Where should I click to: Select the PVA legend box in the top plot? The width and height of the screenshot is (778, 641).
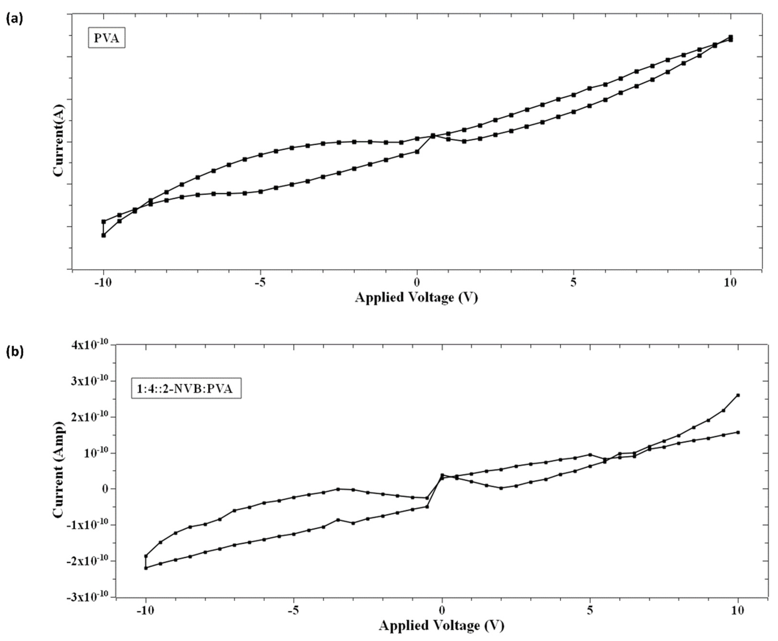pos(106,38)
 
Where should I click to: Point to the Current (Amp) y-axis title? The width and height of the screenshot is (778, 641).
pos(58,470)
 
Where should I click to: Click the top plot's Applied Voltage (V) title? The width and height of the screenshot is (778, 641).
pos(416,297)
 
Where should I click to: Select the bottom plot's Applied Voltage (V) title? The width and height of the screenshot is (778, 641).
pos(441,626)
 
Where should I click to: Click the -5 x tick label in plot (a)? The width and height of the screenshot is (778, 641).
pos(260,282)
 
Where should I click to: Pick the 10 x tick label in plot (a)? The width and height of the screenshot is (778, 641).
pos(730,282)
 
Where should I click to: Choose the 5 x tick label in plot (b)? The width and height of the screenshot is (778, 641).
pos(590,610)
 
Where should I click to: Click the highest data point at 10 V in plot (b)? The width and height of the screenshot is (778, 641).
pos(738,395)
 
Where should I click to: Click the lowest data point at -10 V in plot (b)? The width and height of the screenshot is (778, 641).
pos(146,568)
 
